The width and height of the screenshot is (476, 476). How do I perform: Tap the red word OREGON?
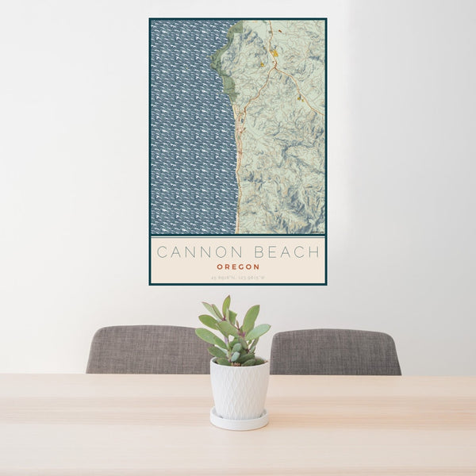coord(237,267)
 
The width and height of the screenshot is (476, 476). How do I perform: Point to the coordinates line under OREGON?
coord(237,277)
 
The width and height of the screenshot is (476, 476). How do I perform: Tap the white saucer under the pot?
coord(239,420)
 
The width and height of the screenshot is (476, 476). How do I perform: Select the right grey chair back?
coord(336,351)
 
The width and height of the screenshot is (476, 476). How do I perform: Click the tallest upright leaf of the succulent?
coord(227,306)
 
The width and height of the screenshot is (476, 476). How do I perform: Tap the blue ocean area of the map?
coord(190,127)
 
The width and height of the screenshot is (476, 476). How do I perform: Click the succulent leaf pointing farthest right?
coord(260,330)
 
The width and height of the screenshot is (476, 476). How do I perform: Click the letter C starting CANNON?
coord(162,253)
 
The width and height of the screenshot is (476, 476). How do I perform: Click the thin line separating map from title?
coord(237,236)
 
